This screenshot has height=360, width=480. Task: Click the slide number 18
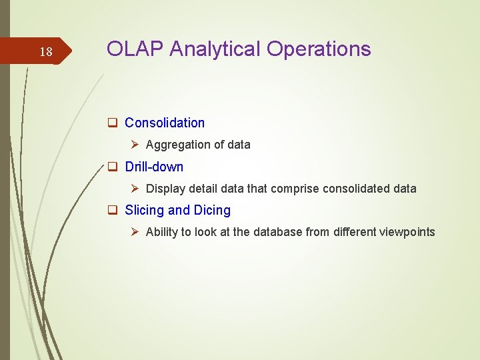[46, 52]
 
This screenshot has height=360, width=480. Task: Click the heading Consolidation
[165, 123]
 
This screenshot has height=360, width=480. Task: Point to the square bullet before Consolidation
[113, 123]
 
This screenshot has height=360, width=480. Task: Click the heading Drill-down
[154, 167]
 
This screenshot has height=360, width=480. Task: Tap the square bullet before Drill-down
[113, 167]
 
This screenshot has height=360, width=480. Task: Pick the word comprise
[295, 189]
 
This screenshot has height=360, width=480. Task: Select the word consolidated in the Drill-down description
[356, 189]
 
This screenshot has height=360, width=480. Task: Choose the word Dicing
[212, 210]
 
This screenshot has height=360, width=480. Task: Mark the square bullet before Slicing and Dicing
[113, 210]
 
